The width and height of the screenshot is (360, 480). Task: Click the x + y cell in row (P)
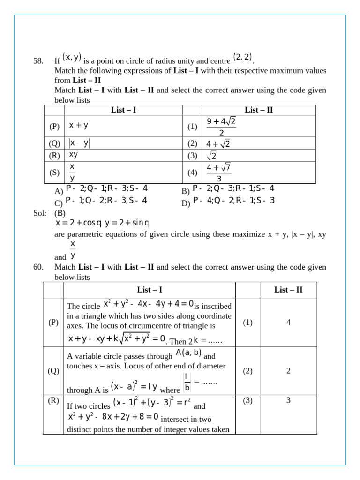point(79,126)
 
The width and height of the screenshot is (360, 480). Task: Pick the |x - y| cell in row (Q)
point(79,143)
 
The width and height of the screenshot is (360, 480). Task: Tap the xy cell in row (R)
point(74,154)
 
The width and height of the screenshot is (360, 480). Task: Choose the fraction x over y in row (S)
point(72,172)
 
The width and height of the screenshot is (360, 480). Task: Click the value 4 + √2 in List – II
point(218,143)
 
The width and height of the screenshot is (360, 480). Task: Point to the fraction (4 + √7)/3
point(219,172)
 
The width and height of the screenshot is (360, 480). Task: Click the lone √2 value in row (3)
point(211,156)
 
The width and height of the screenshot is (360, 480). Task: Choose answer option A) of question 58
point(101,189)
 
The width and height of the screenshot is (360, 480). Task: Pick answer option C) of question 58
point(101,201)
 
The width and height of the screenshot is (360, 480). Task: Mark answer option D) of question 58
point(227,201)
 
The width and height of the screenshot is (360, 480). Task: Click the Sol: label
point(40,213)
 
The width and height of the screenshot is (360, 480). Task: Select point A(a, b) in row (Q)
point(188,353)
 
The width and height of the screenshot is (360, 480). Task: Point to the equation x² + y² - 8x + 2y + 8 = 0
point(113,416)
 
